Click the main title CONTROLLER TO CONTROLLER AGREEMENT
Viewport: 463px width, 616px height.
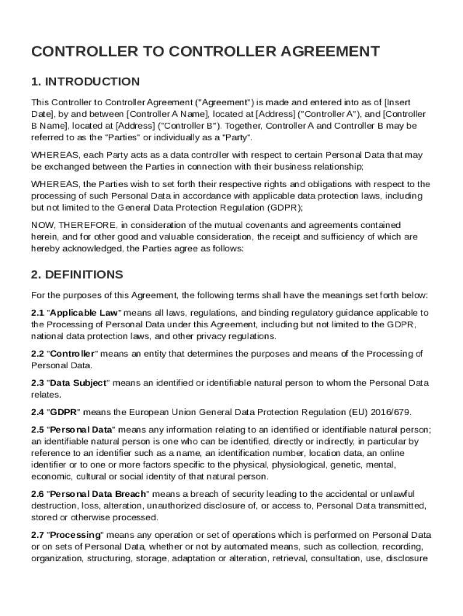(x=205, y=52)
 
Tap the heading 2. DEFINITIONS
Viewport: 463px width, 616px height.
(x=77, y=275)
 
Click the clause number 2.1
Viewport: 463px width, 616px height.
(x=37, y=313)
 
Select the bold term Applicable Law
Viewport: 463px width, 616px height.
(x=84, y=313)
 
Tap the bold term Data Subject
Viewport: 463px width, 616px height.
(x=78, y=383)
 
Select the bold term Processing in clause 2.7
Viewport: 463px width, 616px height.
(x=75, y=535)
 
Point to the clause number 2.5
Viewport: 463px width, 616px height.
(x=37, y=430)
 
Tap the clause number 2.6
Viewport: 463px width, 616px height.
(x=37, y=494)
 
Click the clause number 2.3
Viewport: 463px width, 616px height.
(x=37, y=383)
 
